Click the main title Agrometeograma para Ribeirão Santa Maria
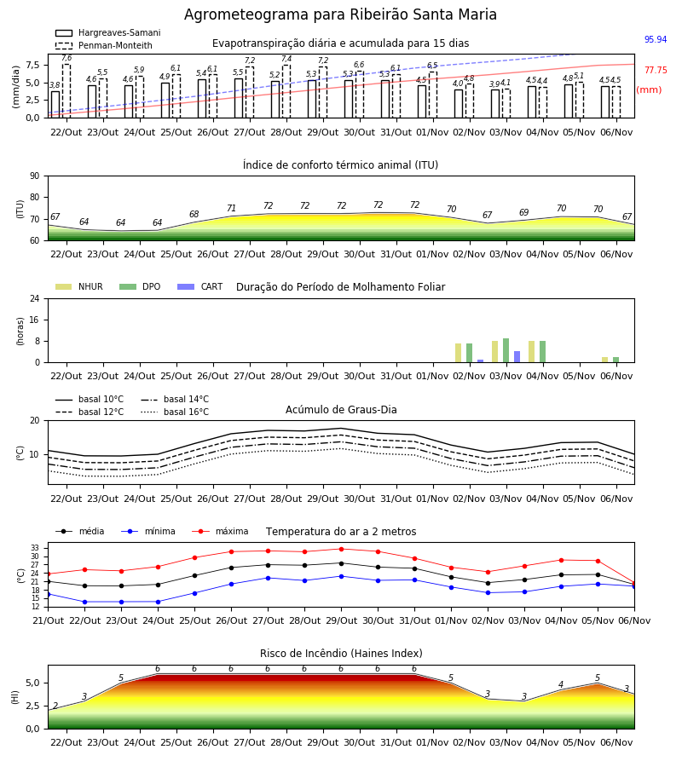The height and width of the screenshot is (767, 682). (340, 14)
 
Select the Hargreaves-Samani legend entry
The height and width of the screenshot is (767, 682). (108, 32)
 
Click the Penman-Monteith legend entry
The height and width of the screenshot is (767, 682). (104, 45)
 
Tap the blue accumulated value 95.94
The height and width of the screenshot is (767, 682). (656, 39)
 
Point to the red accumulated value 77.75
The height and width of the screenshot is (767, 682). (656, 71)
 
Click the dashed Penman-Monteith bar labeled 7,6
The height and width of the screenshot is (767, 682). (66, 91)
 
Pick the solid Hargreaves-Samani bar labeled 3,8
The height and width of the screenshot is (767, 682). (55, 105)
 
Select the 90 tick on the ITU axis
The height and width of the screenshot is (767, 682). (34, 176)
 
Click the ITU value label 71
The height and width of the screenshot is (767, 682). (231, 208)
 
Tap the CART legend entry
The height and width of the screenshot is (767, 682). (200, 286)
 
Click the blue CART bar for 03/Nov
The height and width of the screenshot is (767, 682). (517, 356)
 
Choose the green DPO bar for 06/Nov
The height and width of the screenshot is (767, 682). (616, 360)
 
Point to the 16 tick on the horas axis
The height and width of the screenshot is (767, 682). (34, 320)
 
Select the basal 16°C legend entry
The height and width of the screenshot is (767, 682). (175, 412)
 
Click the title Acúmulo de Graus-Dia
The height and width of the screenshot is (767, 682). (341, 410)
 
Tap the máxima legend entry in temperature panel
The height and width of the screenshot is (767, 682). (220, 531)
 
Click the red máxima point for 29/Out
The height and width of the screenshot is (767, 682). (342, 550)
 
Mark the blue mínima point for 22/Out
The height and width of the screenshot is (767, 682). (84, 603)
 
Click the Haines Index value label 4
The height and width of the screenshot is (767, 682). (561, 684)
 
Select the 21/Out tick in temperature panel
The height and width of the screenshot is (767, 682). (48, 620)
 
